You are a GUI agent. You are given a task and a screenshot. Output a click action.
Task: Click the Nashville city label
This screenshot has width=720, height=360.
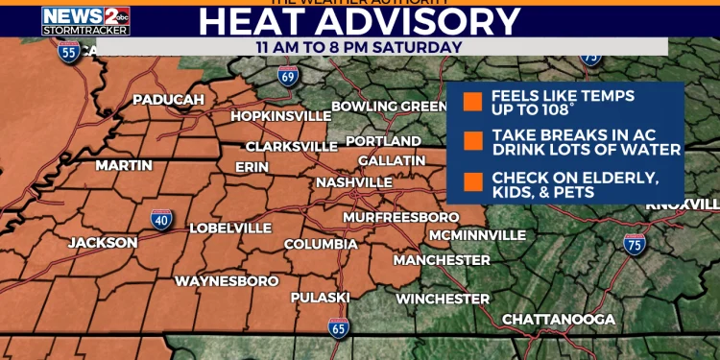pyautogui.click(x=354, y=182)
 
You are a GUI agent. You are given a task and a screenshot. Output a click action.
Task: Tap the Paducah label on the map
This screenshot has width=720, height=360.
pyautogui.click(x=168, y=100)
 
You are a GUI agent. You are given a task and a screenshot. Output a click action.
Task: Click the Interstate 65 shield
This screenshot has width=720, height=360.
pyautogui.click(x=339, y=327)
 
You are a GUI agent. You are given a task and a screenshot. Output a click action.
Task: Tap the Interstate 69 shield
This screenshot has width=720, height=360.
pyautogui.click(x=288, y=76)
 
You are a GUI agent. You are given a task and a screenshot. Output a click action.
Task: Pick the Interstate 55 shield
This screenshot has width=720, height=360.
pyautogui.click(x=68, y=52)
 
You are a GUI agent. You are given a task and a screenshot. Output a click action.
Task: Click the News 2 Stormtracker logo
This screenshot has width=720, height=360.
pyautogui.click(x=85, y=20)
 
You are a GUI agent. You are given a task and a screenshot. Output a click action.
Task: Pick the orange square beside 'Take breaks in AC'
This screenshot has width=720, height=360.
pyautogui.click(x=471, y=142)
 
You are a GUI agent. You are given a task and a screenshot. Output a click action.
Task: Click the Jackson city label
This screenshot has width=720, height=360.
pyautogui.click(x=103, y=243)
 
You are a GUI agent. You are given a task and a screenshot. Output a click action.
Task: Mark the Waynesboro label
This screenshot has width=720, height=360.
pyautogui.click(x=227, y=281)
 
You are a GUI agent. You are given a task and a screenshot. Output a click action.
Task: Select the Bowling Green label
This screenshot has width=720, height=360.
pyautogui.click(x=388, y=107)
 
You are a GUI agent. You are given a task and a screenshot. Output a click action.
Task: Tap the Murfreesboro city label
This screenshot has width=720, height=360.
pyautogui.click(x=401, y=217)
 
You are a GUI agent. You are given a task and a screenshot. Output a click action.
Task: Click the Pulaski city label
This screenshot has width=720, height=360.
pyautogui.click(x=321, y=298)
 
